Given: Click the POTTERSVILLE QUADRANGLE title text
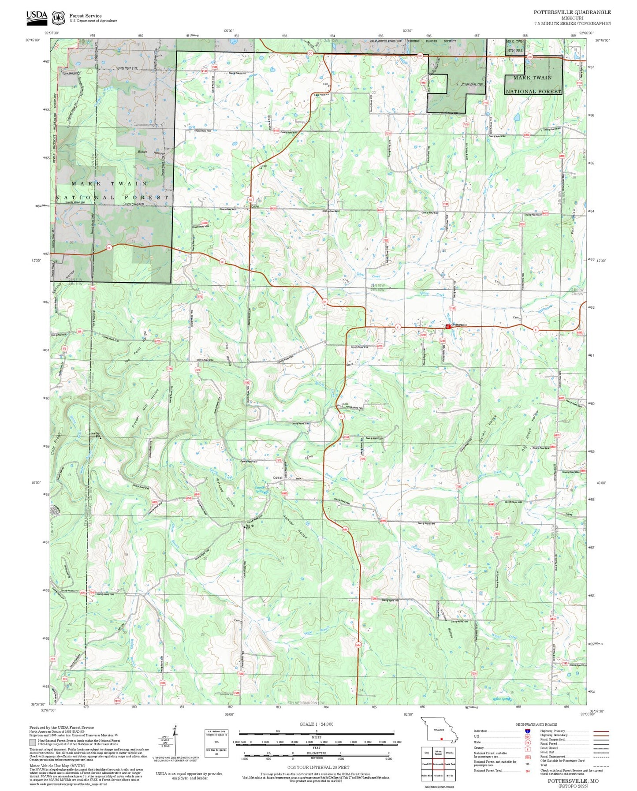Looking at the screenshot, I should tap(572, 12).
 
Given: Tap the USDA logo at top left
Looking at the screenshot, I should tap(37, 15).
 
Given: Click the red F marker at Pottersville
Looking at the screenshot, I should tap(448, 327).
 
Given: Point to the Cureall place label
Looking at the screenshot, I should tap(278, 478).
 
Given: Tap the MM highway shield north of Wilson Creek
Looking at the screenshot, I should tap(345, 529).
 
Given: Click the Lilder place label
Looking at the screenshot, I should tap(255, 206).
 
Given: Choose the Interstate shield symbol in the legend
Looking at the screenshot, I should tap(527, 731).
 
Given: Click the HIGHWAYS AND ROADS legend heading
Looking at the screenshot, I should tap(536, 724).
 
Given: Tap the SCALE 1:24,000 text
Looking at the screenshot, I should tap(316, 724).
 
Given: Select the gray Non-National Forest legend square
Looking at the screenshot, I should tap(33, 743).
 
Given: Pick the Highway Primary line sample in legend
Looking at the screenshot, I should tap(601, 731).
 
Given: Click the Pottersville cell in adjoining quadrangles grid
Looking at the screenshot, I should tap(438, 764).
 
